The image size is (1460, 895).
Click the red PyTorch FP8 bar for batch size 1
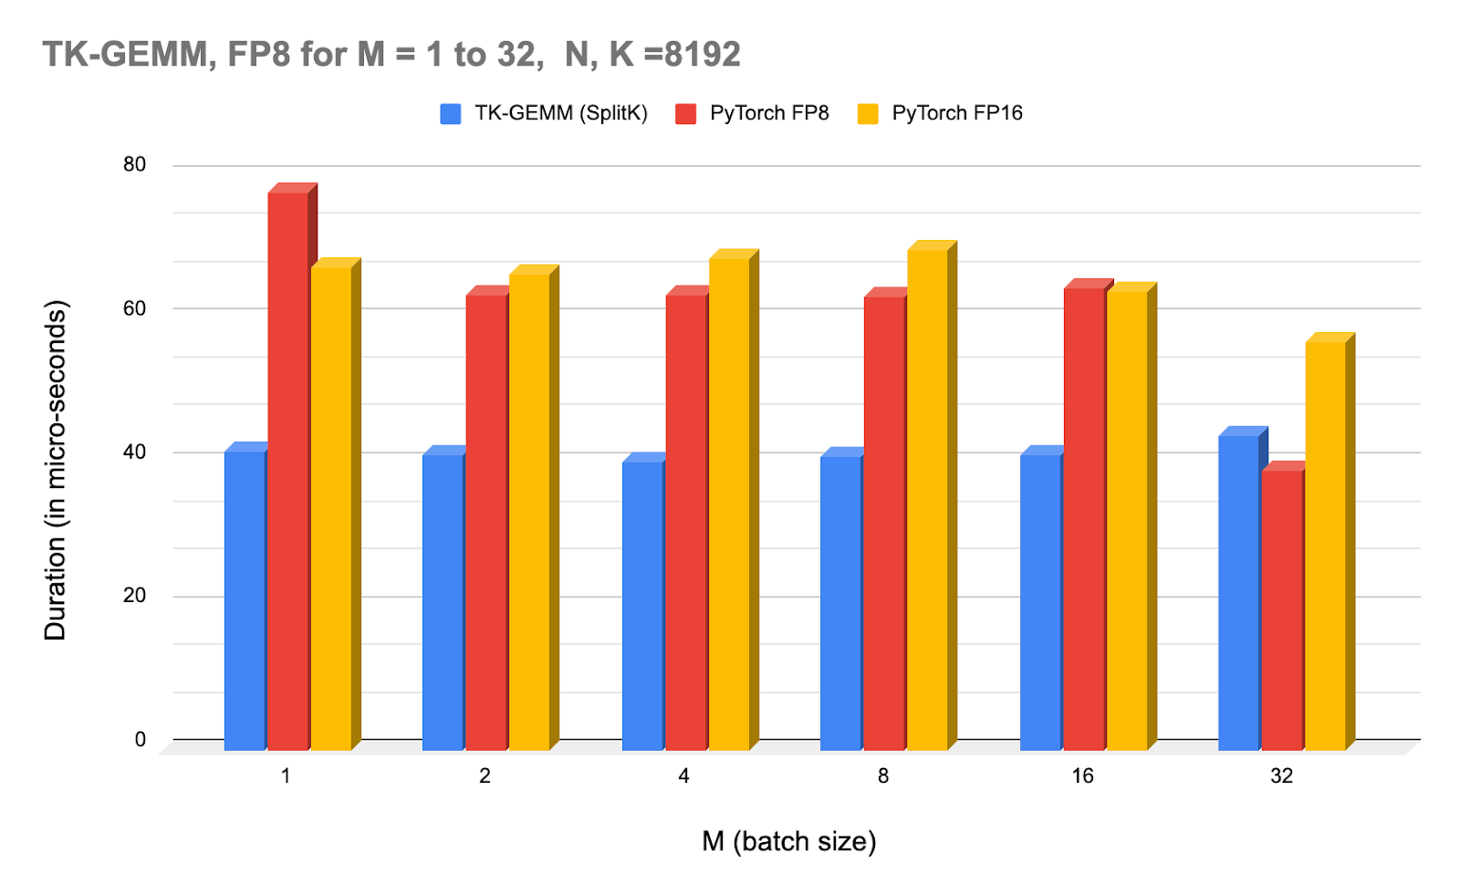(x=287, y=470)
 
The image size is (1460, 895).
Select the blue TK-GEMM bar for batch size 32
(x=1238, y=593)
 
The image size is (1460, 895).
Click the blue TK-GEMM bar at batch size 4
(x=642, y=606)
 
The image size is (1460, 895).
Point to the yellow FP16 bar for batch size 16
(x=1127, y=520)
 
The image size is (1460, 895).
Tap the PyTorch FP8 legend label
(x=769, y=113)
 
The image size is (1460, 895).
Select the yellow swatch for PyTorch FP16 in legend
(x=868, y=114)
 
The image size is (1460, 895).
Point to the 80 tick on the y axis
(x=134, y=164)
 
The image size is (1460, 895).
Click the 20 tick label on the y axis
(x=134, y=596)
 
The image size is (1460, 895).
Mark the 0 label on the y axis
(x=140, y=740)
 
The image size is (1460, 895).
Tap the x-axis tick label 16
(x=1082, y=776)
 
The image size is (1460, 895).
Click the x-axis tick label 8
(x=882, y=776)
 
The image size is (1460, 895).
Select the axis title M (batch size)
(x=788, y=841)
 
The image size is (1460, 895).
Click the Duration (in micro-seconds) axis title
(x=56, y=470)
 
